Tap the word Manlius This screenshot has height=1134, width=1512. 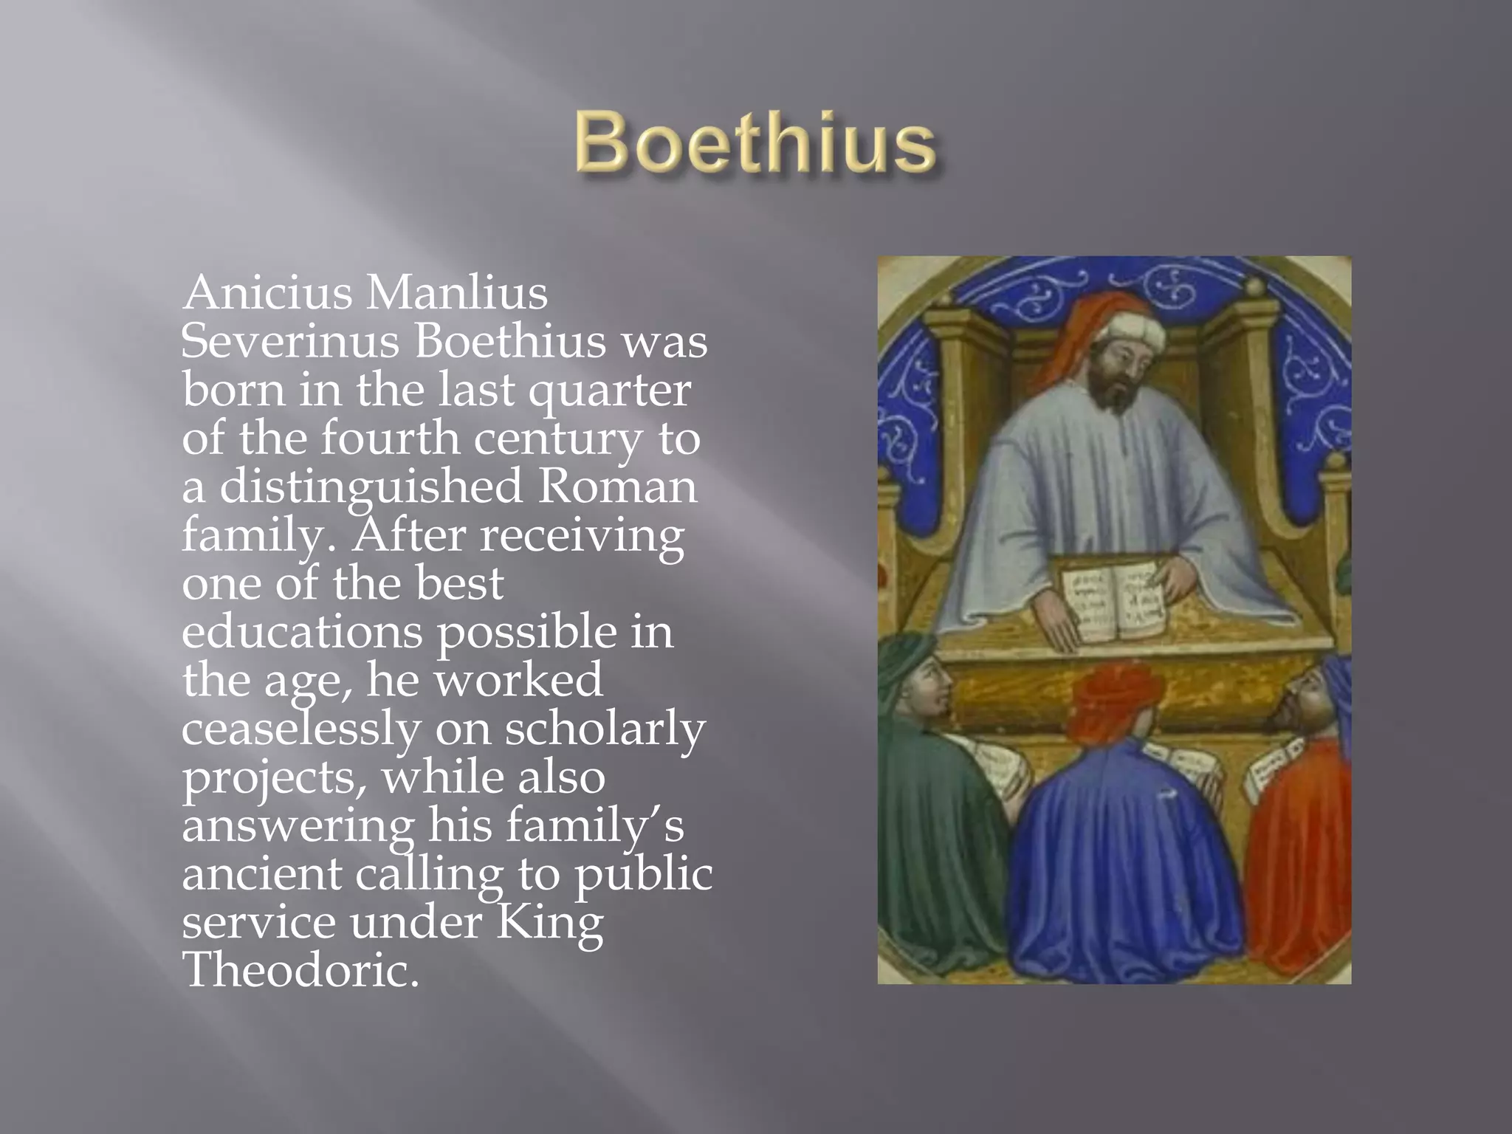(457, 293)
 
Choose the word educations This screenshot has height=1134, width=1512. (303, 633)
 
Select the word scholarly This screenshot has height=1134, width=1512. (605, 730)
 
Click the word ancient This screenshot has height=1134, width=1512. (261, 875)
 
